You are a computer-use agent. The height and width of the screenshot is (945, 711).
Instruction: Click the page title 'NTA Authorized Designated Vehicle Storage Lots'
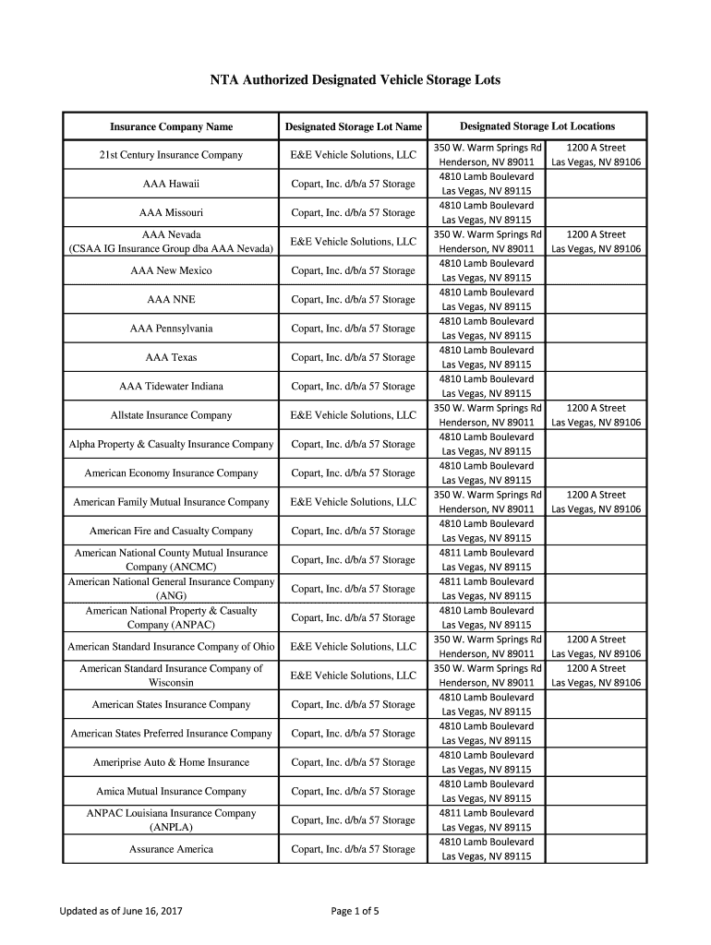pos(355,80)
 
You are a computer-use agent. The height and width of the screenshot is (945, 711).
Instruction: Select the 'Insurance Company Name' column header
pos(171,126)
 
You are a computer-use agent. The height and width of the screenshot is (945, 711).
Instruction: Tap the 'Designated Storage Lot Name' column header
pos(354,126)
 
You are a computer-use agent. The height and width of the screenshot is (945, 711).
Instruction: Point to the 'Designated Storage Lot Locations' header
pos(537,126)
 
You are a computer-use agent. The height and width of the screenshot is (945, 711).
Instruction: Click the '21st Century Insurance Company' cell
pos(171,155)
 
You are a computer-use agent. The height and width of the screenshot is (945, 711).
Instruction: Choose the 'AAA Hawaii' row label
pos(171,184)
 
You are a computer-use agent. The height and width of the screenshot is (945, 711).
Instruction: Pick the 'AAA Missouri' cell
pos(171,212)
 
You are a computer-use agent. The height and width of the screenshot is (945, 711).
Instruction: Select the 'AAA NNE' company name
pos(171,299)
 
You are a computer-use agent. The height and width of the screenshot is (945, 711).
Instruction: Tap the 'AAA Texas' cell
pos(171,357)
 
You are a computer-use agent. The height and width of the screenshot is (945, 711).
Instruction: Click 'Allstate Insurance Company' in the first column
pos(171,415)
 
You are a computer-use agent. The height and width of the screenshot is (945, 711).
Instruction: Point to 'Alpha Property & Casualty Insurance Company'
pos(171,444)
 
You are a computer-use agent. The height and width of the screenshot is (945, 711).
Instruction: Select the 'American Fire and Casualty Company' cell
pos(171,531)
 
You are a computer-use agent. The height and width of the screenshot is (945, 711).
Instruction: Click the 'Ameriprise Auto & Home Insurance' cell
pos(171,762)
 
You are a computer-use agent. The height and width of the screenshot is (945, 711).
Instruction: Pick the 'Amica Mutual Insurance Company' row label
pos(171,791)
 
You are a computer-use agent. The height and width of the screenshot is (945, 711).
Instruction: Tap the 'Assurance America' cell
pos(171,849)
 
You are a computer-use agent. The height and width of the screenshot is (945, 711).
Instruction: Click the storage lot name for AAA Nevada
pos(354,242)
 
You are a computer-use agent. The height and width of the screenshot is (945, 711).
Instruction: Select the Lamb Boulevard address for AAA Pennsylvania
pos(487,329)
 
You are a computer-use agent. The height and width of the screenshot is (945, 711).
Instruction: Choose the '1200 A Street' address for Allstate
pos(596,408)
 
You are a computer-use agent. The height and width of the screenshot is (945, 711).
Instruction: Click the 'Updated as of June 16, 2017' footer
pos(121,912)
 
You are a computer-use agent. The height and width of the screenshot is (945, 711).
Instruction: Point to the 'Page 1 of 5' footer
pos(355,912)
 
